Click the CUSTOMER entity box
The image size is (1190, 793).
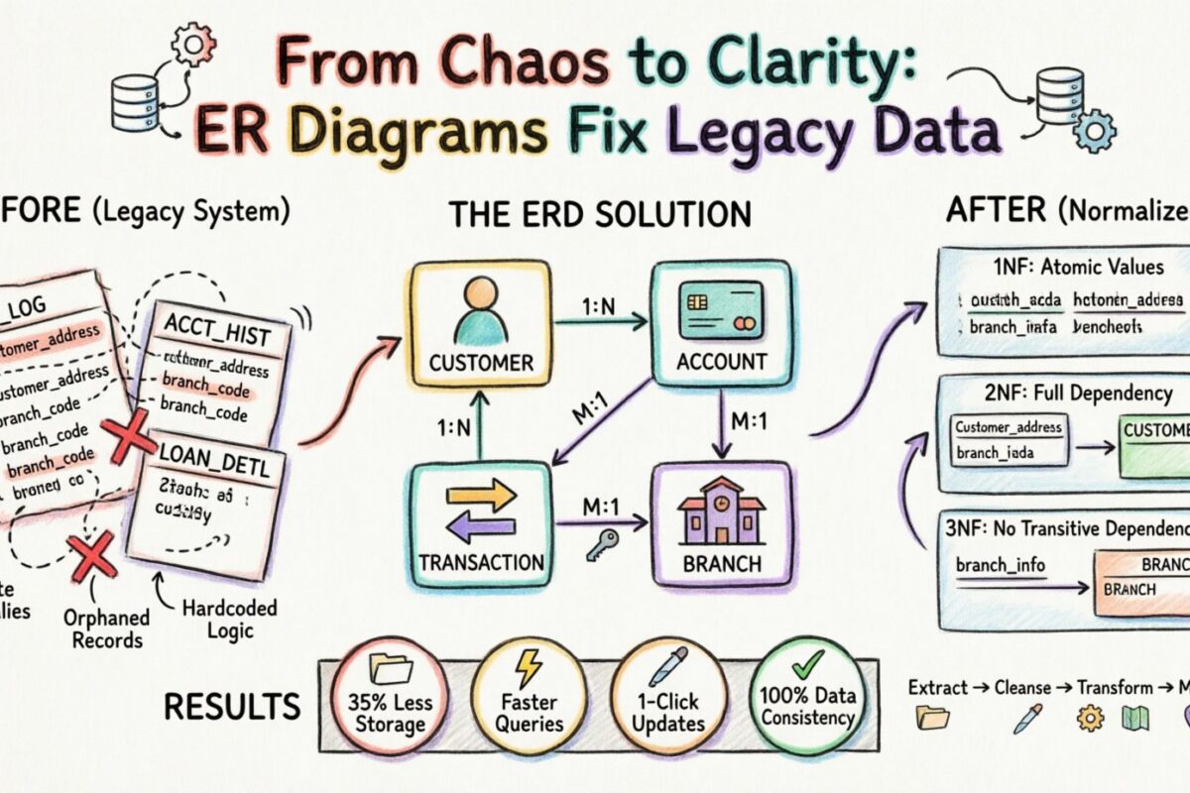point(475,327)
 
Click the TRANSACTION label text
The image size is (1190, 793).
point(482,563)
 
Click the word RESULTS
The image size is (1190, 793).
point(232,707)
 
